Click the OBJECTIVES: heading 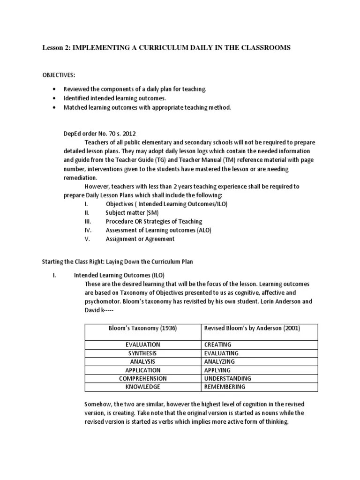(x=60, y=75)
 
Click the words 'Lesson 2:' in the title (x=56, y=48)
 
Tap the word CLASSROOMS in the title (x=264, y=48)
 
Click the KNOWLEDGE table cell (x=142, y=387)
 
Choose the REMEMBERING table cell (x=225, y=387)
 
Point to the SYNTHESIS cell (x=142, y=353)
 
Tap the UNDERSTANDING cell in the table (x=228, y=378)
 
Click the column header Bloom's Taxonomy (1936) (x=142, y=328)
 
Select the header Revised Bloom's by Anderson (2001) (x=252, y=328)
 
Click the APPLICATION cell (x=142, y=370)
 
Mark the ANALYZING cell (x=220, y=361)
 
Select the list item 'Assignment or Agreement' (x=140, y=239)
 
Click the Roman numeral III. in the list (x=87, y=221)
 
